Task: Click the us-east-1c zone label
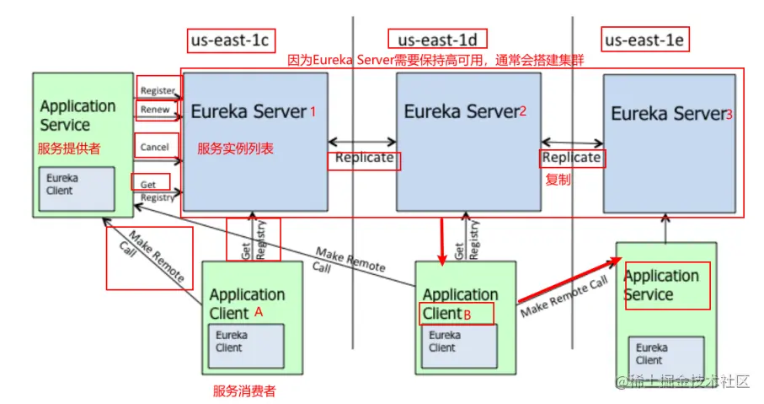(x=230, y=40)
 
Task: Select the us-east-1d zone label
(x=437, y=40)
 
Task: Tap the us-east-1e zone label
(x=644, y=40)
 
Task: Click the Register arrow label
(x=158, y=91)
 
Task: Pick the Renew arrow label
(x=155, y=110)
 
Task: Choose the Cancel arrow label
(x=154, y=148)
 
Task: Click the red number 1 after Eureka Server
(x=313, y=112)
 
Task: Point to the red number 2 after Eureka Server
(x=523, y=111)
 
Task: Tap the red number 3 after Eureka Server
(x=729, y=115)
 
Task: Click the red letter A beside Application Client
(x=259, y=312)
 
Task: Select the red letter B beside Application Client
(x=467, y=315)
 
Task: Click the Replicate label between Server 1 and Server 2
(x=364, y=158)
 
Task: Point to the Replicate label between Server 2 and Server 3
(x=572, y=158)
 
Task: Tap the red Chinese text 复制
(x=558, y=180)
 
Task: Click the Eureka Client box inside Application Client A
(x=246, y=346)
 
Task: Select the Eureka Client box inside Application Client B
(x=459, y=346)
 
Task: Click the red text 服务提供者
(x=69, y=148)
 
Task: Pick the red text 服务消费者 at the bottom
(x=244, y=391)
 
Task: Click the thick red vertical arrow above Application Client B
(x=442, y=242)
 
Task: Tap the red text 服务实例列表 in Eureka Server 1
(x=235, y=148)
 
